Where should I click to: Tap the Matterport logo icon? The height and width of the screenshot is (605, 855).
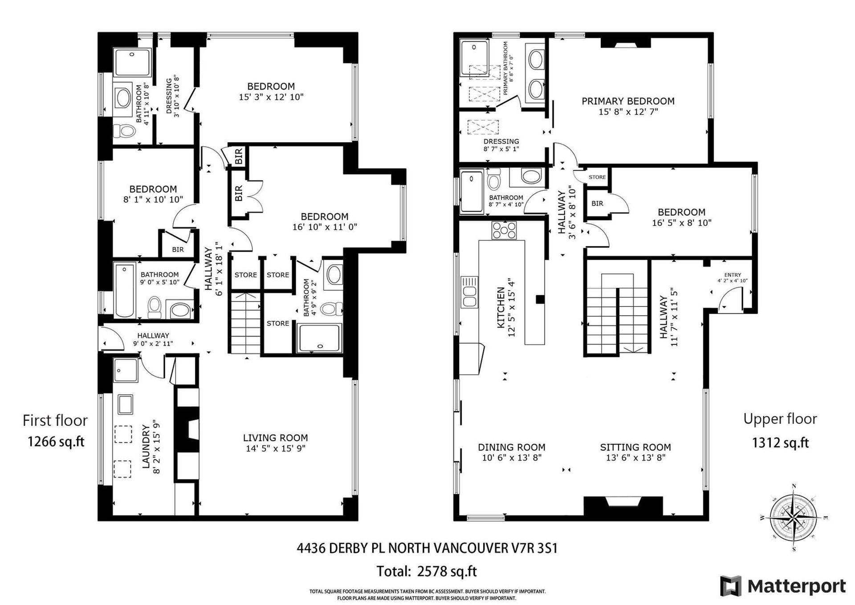[731, 586]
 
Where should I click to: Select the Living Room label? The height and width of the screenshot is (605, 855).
[275, 438]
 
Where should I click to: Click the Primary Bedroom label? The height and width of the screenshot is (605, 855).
[628, 101]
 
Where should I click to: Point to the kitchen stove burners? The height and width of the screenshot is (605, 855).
[504, 230]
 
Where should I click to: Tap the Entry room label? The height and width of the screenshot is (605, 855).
[733, 275]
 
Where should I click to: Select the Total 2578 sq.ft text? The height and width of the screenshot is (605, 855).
[427, 571]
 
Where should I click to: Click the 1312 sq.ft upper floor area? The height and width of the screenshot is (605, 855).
[780, 442]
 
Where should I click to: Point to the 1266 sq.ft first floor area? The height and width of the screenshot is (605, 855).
[56, 441]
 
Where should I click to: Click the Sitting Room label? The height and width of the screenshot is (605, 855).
[635, 447]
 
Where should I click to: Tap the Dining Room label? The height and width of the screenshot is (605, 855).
[512, 447]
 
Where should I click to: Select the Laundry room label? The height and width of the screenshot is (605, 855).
[146, 446]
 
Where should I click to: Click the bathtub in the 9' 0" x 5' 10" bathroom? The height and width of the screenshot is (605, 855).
[125, 290]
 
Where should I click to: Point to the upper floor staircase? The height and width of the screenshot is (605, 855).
[617, 315]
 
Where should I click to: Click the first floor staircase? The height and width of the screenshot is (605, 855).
[245, 322]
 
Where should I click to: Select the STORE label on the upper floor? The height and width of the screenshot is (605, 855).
[597, 177]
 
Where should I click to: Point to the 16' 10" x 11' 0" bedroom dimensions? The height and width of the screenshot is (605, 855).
[325, 227]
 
